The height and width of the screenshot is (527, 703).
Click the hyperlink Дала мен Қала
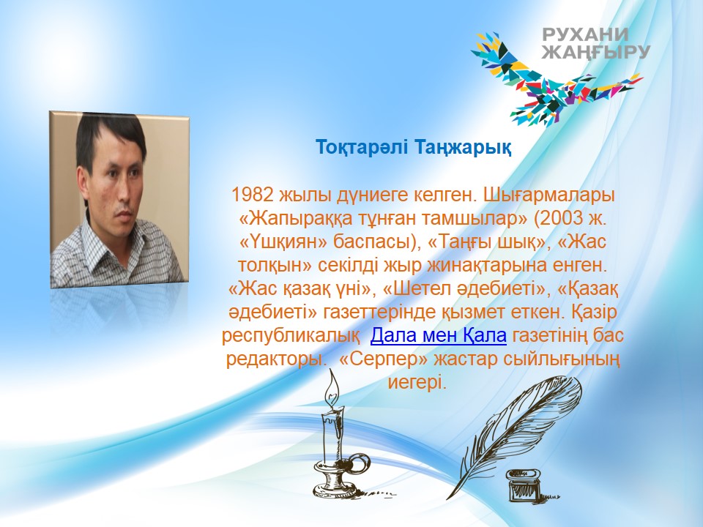(438, 335)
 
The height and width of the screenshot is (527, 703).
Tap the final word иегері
(417, 383)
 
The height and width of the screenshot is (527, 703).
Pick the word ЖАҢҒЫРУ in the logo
(596, 52)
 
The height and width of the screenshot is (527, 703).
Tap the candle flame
(332, 388)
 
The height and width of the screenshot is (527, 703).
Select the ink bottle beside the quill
(523, 485)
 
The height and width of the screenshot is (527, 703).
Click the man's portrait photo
(119, 199)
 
